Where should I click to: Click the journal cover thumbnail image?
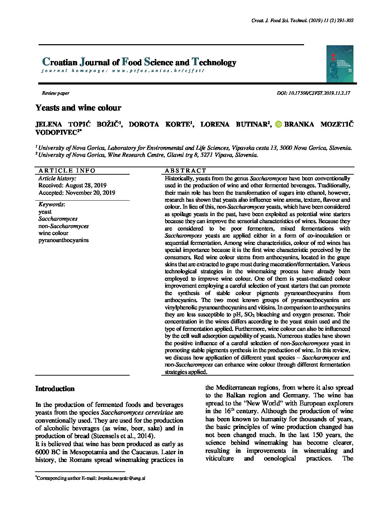click(x=339, y=63)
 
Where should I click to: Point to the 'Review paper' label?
click(x=55, y=93)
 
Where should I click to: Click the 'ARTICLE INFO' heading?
click(x=67, y=171)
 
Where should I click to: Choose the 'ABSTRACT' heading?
click(x=186, y=171)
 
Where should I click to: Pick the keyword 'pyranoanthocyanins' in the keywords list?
click(x=63, y=240)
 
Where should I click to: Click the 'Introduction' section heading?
click(x=55, y=389)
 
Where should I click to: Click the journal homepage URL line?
click(x=123, y=70)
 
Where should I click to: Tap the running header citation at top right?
click(x=302, y=21)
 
